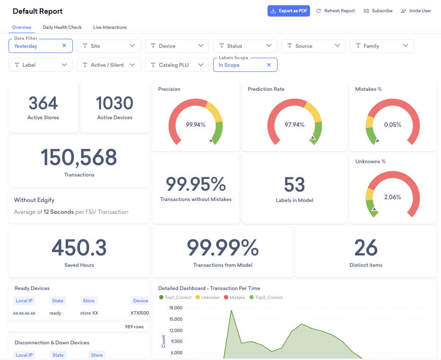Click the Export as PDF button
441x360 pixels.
288,11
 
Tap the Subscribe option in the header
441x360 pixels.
378,11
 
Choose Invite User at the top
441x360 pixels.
416,11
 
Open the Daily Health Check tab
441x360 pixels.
62,27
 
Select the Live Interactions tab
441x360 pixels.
110,27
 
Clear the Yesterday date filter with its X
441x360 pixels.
64,45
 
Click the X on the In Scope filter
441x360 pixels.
269,65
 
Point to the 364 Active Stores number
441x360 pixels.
43,103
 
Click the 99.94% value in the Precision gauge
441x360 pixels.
196,125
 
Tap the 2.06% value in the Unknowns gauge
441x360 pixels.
393,197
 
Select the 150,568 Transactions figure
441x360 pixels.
79,157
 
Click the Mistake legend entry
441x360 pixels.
234,298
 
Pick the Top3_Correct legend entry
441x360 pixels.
266,298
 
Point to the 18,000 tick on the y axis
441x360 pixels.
176,308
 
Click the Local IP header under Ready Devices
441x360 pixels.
24,300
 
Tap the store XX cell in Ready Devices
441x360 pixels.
89,313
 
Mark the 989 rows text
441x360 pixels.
134,327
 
